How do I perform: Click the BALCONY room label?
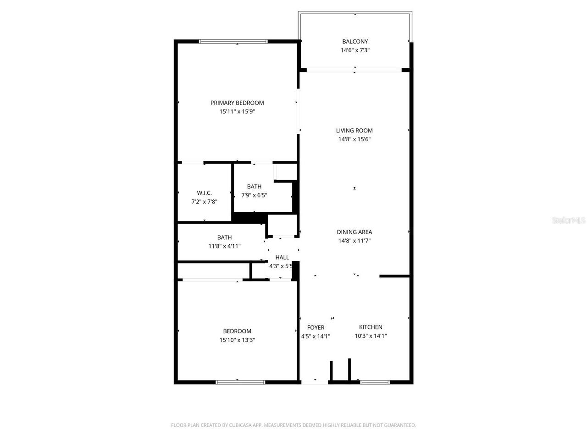pyautogui.click(x=355, y=42)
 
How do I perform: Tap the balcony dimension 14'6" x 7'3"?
pyautogui.click(x=355, y=50)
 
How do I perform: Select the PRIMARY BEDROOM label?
pyautogui.click(x=237, y=103)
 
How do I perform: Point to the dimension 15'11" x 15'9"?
pyautogui.click(x=237, y=111)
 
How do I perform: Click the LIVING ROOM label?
pyautogui.click(x=354, y=131)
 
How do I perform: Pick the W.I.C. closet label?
pyautogui.click(x=204, y=193)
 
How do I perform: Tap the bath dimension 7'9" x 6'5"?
pyautogui.click(x=254, y=195)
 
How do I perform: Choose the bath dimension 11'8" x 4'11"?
pyautogui.click(x=224, y=246)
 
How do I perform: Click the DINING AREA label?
pyautogui.click(x=354, y=232)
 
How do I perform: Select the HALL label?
pyautogui.click(x=282, y=258)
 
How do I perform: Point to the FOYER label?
pyautogui.click(x=316, y=328)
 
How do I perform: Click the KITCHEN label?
pyautogui.click(x=371, y=327)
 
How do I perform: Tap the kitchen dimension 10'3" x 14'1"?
pyautogui.click(x=371, y=336)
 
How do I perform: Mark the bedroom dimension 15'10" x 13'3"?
pyautogui.click(x=237, y=340)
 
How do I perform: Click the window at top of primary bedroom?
pyautogui.click(x=233, y=41)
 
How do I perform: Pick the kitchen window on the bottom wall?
pyautogui.click(x=375, y=382)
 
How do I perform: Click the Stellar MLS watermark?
pyautogui.click(x=569, y=220)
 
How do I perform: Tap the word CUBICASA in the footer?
pyautogui.click(x=241, y=425)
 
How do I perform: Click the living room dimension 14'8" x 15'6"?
pyautogui.click(x=354, y=139)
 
